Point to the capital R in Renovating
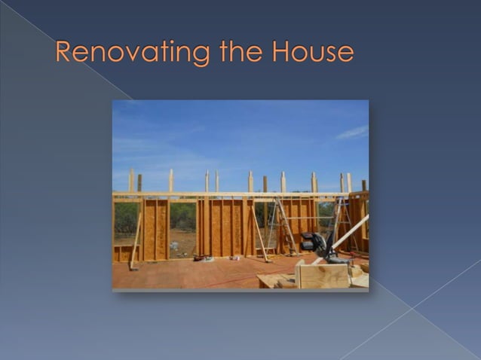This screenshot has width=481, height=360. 65,52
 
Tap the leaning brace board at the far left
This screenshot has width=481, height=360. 135,241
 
